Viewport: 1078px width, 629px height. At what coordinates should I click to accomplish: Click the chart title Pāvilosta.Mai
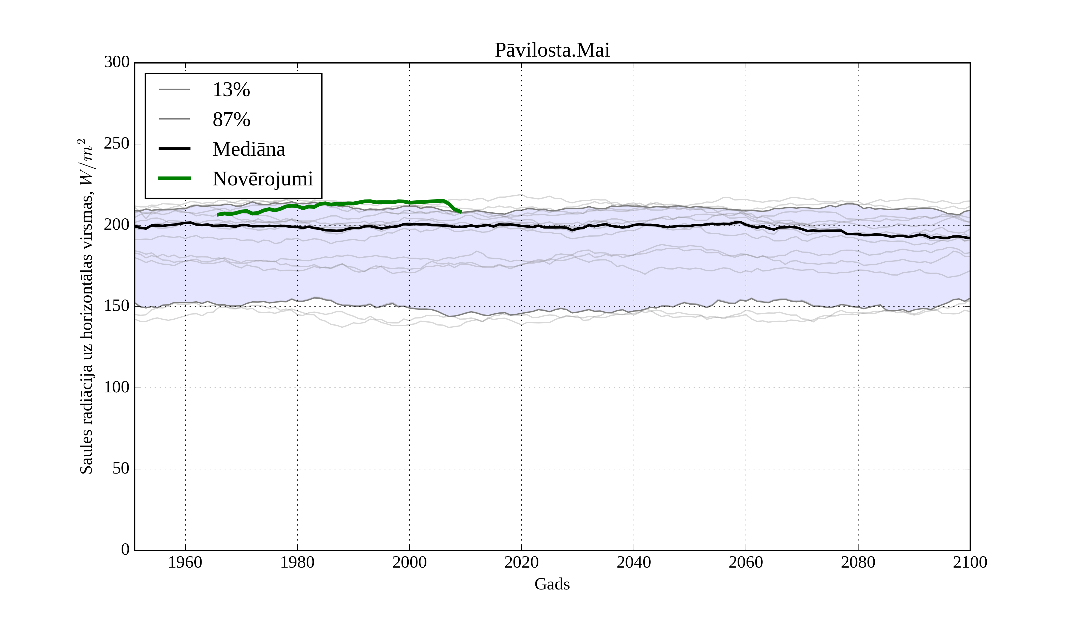pyautogui.click(x=552, y=50)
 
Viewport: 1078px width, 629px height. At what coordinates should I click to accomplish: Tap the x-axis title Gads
pyautogui.click(x=552, y=584)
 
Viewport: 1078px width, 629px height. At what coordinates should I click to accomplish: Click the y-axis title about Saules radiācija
pyautogui.click(x=87, y=306)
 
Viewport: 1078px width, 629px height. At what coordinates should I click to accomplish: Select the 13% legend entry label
pyautogui.click(x=231, y=90)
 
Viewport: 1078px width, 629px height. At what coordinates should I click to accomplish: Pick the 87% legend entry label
pyautogui.click(x=231, y=120)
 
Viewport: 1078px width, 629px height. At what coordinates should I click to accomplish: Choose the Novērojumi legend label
pyautogui.click(x=262, y=179)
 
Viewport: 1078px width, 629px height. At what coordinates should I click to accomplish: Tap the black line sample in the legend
pyautogui.click(x=175, y=149)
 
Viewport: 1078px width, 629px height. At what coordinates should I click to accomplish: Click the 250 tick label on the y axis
pyautogui.click(x=117, y=144)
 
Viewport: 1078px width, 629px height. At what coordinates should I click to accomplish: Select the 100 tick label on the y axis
pyautogui.click(x=117, y=387)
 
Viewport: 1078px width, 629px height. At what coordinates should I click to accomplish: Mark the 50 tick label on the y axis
pyautogui.click(x=121, y=468)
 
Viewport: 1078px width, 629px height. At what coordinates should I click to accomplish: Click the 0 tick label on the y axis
pyautogui.click(x=125, y=549)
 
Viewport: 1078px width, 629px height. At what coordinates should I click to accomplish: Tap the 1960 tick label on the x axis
pyautogui.click(x=185, y=562)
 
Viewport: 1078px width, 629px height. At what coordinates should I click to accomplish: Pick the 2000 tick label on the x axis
pyautogui.click(x=409, y=562)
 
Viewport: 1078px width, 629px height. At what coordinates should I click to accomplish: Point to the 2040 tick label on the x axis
pyautogui.click(x=634, y=562)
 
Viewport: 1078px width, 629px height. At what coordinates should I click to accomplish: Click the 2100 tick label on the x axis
pyautogui.click(x=970, y=562)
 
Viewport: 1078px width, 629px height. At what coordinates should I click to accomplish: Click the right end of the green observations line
pyautogui.click(x=461, y=212)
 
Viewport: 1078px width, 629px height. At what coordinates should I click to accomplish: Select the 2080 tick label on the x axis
pyautogui.click(x=858, y=562)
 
